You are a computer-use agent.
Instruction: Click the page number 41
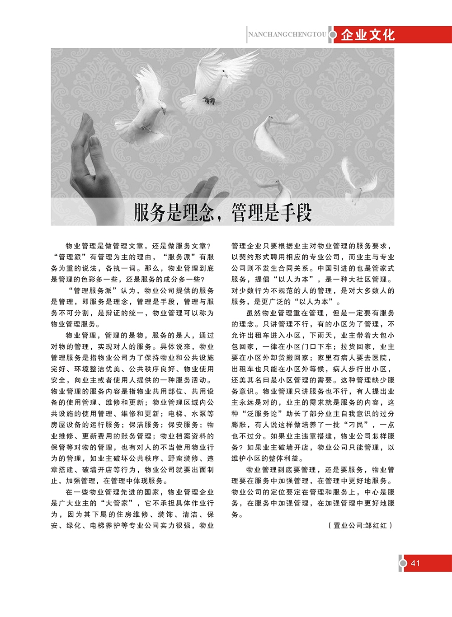[x=415, y=563]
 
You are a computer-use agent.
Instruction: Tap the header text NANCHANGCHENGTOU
[x=287, y=34]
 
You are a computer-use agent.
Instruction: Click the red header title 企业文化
[x=368, y=35]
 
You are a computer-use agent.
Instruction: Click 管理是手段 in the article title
[x=271, y=212]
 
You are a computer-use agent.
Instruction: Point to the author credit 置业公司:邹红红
[x=360, y=525]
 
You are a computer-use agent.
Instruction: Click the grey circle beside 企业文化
[x=333, y=35]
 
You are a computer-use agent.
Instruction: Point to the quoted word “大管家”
[x=119, y=503]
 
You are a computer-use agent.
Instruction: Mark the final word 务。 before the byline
[x=237, y=514]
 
